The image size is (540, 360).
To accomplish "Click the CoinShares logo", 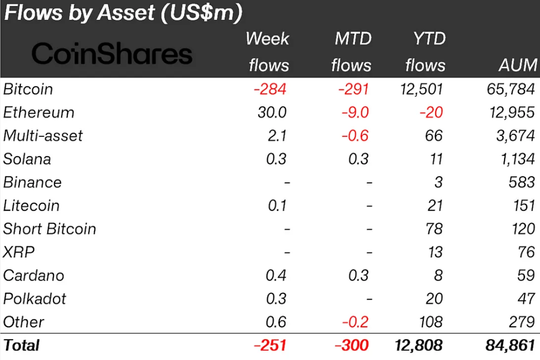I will tap(111, 54).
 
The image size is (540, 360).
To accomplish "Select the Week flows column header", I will tap(268, 52).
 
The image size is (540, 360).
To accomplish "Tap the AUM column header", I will tap(516, 65).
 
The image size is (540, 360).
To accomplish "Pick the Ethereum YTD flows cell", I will tap(431, 112).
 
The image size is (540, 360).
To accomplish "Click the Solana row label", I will tap(27, 159).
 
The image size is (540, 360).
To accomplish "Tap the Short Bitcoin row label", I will tap(50, 229).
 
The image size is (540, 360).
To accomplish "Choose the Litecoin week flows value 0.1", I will tap(276, 205).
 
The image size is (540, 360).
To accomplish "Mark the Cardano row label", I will tap(34, 275).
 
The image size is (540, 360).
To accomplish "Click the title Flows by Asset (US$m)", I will tap(123, 13).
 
